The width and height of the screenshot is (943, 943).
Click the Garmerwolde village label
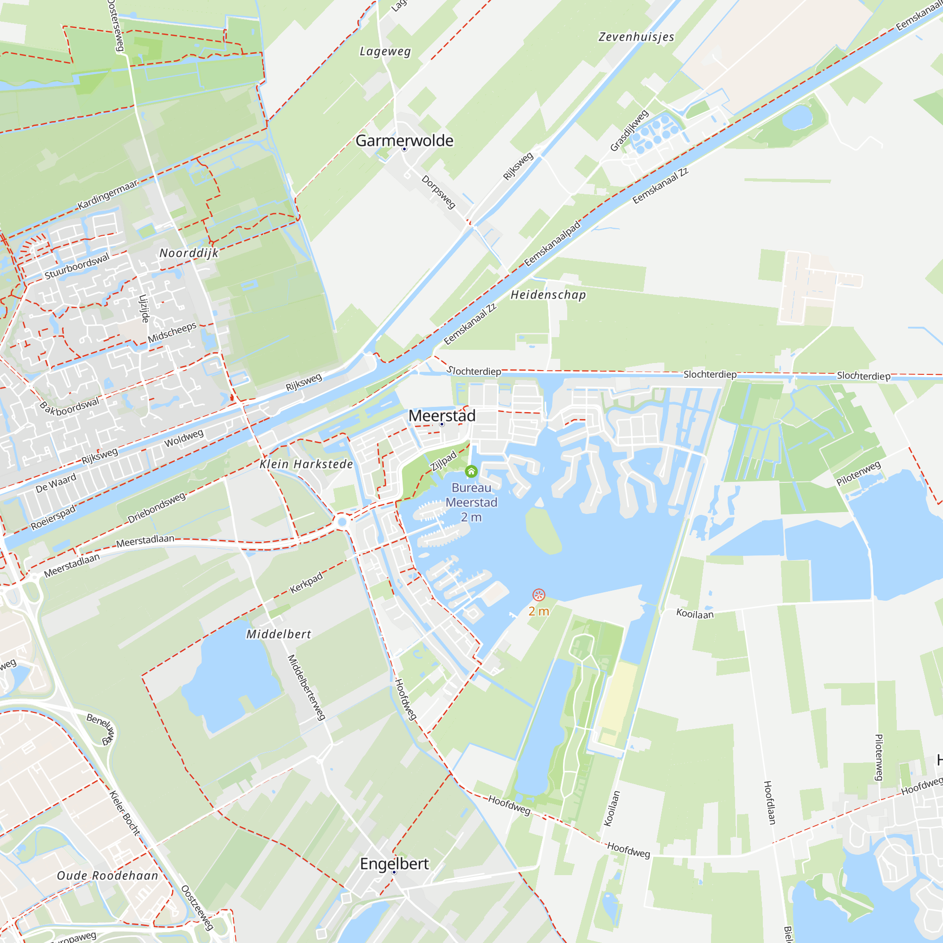click(404, 141)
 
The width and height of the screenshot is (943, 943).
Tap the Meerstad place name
click(442, 416)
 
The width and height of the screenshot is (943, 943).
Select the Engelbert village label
click(394, 863)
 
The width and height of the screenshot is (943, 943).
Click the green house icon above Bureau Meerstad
click(471, 471)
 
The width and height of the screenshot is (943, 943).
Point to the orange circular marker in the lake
click(538, 595)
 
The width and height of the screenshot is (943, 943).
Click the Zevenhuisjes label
click(637, 37)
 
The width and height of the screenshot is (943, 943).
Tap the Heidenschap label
click(548, 295)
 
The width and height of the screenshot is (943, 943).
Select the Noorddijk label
click(189, 253)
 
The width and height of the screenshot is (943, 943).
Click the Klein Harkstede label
click(306, 464)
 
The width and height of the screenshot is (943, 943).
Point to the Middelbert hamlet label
click(279, 634)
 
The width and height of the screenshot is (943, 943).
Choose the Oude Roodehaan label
click(108, 876)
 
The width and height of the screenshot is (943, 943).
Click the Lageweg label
click(385, 51)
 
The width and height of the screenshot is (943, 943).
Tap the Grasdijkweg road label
click(629, 130)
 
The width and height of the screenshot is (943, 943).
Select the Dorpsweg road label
click(438, 192)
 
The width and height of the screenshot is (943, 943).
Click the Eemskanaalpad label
click(553, 244)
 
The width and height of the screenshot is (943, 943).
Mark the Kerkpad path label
click(306, 582)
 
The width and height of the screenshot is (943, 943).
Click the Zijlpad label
click(443, 460)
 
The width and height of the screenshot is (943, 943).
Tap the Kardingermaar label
click(108, 194)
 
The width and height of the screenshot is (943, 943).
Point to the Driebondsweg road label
click(157, 507)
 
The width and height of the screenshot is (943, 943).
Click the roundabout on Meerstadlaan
click(342, 522)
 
